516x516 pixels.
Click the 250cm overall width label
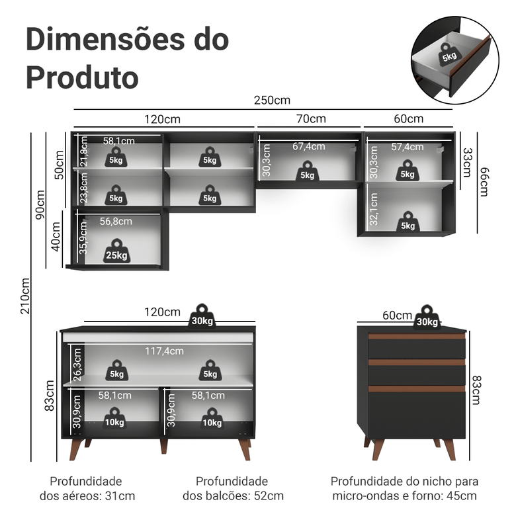tap(271, 101)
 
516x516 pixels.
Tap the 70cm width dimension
tap(311, 119)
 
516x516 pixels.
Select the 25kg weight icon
tap(116, 251)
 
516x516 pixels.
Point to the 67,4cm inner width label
tap(309, 146)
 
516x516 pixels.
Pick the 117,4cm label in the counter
tap(164, 351)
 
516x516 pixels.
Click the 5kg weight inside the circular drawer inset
tap(449, 56)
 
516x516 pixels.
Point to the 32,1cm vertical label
tap(374, 210)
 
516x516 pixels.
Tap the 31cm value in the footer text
tap(122, 495)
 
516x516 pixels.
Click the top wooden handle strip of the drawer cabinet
tap(417, 336)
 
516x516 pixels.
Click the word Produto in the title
tap(82, 77)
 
